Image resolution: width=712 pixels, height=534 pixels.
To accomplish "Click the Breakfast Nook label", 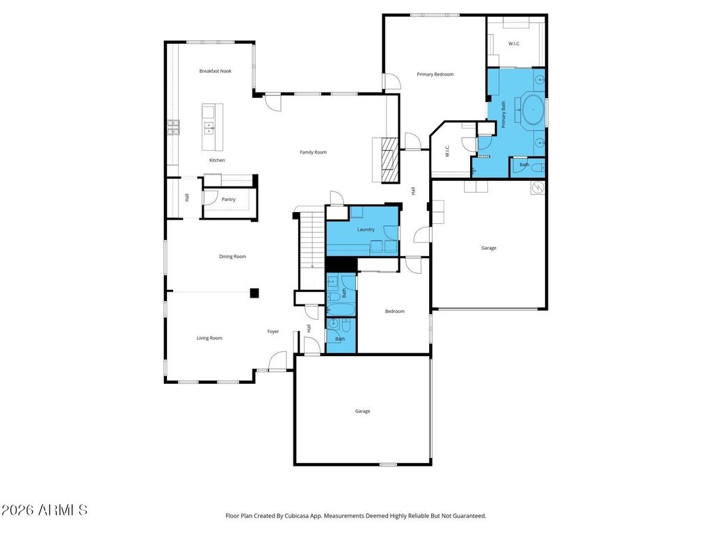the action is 216,71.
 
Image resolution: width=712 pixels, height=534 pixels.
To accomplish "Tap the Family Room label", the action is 314,152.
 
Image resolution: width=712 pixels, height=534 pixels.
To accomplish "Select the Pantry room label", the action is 228,200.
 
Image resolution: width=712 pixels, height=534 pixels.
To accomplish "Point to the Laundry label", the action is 366,229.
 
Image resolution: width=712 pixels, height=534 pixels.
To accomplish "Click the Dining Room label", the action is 232,257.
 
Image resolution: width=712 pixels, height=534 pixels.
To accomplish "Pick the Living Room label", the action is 209,338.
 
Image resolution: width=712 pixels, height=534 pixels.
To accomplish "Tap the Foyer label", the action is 273,332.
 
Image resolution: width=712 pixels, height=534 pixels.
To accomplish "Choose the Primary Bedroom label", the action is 435,74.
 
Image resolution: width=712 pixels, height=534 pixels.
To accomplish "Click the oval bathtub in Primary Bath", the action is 533,110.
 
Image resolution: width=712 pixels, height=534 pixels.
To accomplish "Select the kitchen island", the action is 213,127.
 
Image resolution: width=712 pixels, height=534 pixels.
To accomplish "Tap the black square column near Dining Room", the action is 254,293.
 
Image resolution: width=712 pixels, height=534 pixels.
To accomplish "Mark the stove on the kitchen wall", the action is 173,128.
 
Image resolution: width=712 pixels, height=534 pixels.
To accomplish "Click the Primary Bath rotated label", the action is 503,115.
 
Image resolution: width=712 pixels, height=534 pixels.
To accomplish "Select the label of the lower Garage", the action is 362,412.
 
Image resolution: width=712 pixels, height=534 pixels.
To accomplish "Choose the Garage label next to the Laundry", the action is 489,248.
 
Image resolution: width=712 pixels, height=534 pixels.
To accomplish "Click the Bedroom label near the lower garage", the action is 395,311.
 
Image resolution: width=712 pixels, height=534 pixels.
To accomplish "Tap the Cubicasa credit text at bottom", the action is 356,516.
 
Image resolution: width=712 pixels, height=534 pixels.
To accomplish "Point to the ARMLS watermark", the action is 44,510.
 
